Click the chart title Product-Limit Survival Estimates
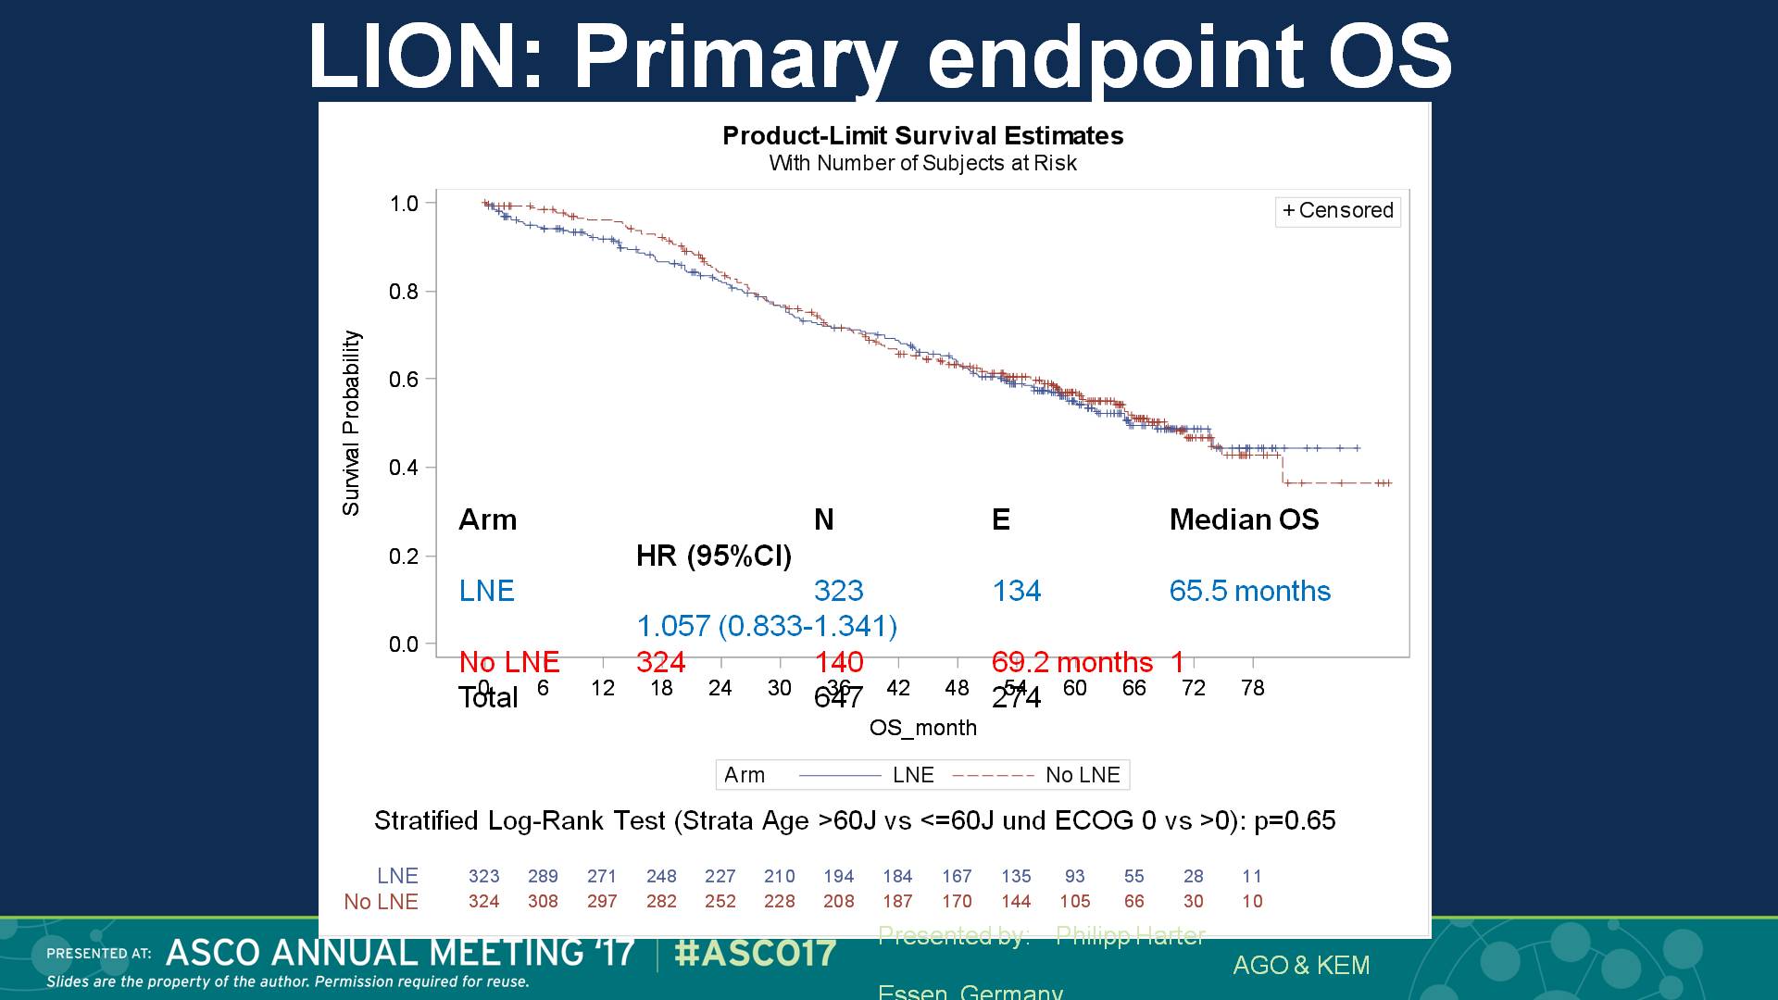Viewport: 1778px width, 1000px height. pos(922,136)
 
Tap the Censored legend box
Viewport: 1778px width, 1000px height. pos(1337,211)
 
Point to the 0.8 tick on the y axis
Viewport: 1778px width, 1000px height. pos(404,292)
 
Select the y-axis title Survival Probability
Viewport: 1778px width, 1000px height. pos(351,423)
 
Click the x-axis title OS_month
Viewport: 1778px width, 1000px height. pos(922,728)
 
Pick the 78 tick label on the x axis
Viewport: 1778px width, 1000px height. pos(1252,688)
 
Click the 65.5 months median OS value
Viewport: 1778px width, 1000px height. pos(1249,591)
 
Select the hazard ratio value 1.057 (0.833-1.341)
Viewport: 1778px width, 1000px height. pos(767,626)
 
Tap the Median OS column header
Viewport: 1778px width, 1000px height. pos(1244,519)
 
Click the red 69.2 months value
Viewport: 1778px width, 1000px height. pos(1071,662)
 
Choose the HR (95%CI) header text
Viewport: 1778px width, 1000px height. pos(714,556)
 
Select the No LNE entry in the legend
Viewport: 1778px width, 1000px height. pos(1082,775)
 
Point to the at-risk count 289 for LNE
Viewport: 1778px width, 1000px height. pos(543,876)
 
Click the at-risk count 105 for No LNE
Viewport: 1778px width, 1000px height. pos(1074,901)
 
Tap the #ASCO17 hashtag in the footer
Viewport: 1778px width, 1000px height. pos(756,953)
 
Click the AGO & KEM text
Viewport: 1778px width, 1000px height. pos(1301,965)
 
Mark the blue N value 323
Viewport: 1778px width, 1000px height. pos(838,591)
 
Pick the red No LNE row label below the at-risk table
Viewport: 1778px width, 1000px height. pos(381,901)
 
